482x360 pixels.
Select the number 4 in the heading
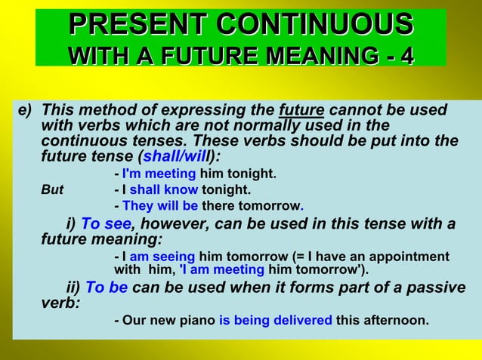pyautogui.click(x=406, y=55)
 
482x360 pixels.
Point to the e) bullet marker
pyautogui.click(x=25, y=110)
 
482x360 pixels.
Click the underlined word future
pyautogui.click(x=301, y=110)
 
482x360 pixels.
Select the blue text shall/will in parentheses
pyautogui.click(x=178, y=157)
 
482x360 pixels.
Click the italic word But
pyautogui.click(x=52, y=190)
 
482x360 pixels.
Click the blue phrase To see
pyautogui.click(x=106, y=224)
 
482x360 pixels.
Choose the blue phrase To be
pyautogui.click(x=107, y=288)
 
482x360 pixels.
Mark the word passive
pyautogui.click(x=431, y=288)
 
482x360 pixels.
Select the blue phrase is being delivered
pyautogui.click(x=275, y=320)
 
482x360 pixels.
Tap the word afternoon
pyautogui.click(x=395, y=320)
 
